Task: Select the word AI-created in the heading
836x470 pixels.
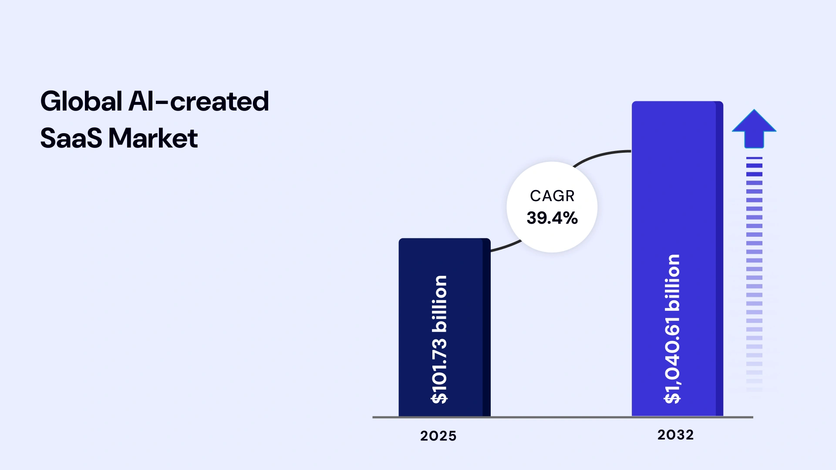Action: pyautogui.click(x=199, y=101)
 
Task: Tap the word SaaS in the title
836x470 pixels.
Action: pyautogui.click(x=71, y=138)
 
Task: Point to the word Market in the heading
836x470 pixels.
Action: pyautogui.click(x=153, y=138)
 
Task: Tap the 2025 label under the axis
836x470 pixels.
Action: pyautogui.click(x=438, y=436)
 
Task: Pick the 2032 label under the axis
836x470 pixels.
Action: pyautogui.click(x=675, y=434)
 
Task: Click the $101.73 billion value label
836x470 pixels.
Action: pyautogui.click(x=439, y=339)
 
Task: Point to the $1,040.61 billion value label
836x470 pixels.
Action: pyautogui.click(x=672, y=329)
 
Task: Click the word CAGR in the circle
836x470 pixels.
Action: pyautogui.click(x=552, y=196)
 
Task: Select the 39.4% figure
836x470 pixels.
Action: pyautogui.click(x=552, y=218)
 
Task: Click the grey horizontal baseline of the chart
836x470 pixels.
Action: pyautogui.click(x=562, y=417)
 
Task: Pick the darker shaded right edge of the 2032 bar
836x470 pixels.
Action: pyautogui.click(x=719, y=261)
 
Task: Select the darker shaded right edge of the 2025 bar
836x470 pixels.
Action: pyautogui.click(x=486, y=326)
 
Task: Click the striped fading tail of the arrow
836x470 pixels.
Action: pyautogui.click(x=754, y=270)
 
